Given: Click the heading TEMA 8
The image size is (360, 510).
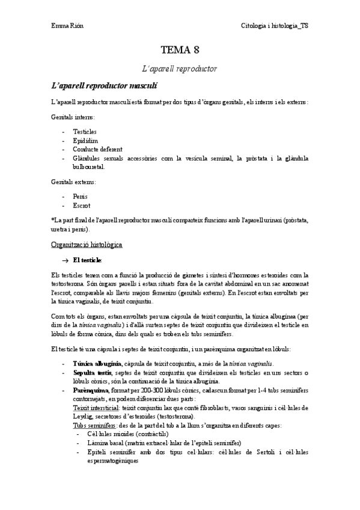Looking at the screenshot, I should tap(180, 51).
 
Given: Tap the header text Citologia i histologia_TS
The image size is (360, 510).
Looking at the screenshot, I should tap(275, 26).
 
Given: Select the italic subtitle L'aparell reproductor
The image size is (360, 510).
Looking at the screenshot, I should tap(180, 69).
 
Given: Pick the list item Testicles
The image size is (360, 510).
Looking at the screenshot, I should tap(85, 131).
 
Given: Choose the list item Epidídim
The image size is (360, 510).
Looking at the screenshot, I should tap(85, 140).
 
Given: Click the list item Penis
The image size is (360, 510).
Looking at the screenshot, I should tap(81, 196).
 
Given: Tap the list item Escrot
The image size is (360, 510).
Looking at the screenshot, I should tap(82, 205).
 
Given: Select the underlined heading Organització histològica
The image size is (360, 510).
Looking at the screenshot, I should tap(87, 245).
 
